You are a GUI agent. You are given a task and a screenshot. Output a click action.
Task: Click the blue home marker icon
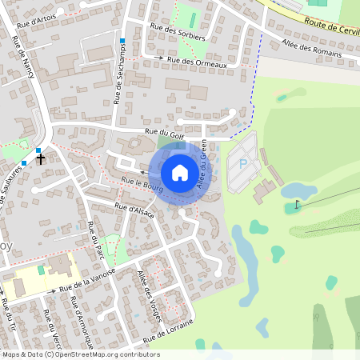[180, 173]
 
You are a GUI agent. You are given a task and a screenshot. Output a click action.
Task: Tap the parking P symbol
[243, 164]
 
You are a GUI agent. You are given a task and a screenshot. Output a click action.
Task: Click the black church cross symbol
[40, 158]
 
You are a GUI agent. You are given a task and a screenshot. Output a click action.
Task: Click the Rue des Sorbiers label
[178, 32]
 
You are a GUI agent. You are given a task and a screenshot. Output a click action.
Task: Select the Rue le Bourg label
[142, 184]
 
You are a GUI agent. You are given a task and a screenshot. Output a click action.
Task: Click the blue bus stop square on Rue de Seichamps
[122, 41]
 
